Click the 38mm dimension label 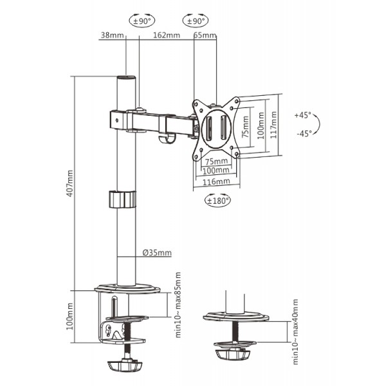coord(112,35)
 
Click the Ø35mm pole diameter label coord(156,253)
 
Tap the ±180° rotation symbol coord(217,200)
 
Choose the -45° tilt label coord(303,134)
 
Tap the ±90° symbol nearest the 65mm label coord(194,21)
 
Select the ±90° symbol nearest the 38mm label coord(141,21)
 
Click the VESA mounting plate coord(217,127)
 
